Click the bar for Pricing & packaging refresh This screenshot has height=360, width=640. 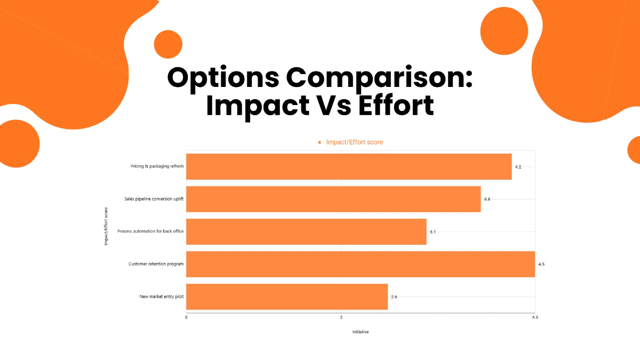[349, 166]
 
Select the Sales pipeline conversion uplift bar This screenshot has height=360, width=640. [333, 199]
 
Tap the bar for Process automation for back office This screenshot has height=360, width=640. [306, 231]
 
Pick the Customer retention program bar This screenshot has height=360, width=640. [361, 264]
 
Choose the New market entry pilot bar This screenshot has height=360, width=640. [287, 297]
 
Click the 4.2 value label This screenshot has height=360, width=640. [518, 167]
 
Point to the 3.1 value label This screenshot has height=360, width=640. [433, 232]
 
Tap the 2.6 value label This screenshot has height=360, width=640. [394, 297]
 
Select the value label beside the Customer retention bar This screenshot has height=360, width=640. [541, 265]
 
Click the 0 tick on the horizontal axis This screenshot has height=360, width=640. [186, 318]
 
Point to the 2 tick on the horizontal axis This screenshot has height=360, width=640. [341, 318]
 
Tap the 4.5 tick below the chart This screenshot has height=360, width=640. [535, 318]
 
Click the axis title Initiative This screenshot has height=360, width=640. [361, 332]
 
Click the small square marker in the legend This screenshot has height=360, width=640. [319, 142]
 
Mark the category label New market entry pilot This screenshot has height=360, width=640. [162, 297]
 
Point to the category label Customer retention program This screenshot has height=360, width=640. [156, 264]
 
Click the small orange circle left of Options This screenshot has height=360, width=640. [169, 44]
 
